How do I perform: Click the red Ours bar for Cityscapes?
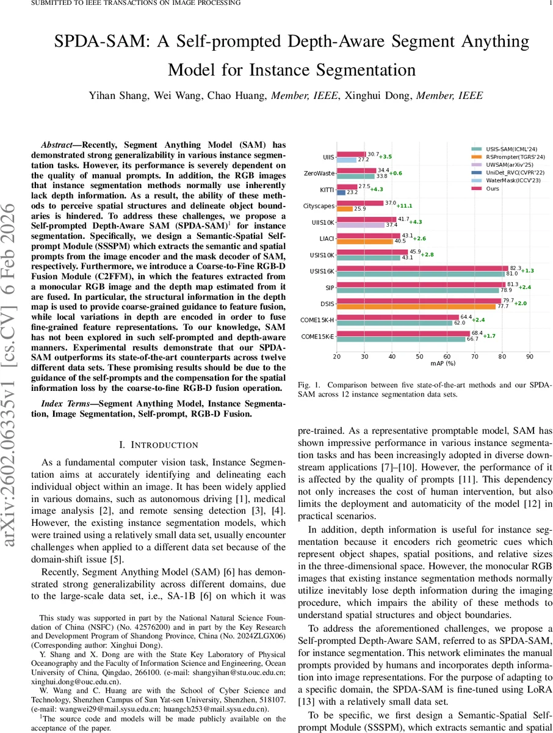tap(359, 203)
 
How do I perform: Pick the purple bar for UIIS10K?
tap(361, 225)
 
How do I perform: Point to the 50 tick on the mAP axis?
tap(419, 356)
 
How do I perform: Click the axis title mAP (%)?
tap(433, 364)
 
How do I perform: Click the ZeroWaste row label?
tap(319, 173)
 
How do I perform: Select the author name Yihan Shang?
tap(118, 95)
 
